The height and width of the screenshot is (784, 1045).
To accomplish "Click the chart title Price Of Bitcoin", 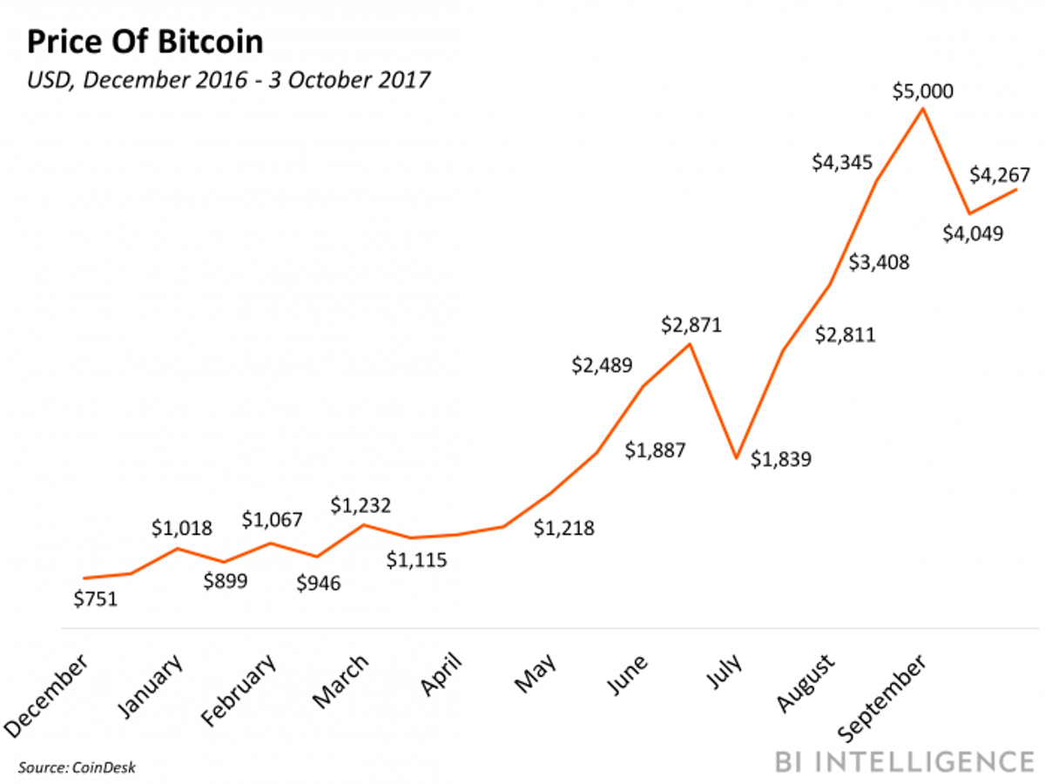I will coord(145,42).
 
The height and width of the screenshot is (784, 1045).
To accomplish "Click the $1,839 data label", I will coord(781,458).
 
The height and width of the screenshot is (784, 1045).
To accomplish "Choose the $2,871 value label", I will coord(691,326).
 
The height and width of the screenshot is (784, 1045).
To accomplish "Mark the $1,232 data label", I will coord(361,504).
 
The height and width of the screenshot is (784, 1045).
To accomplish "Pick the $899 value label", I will coord(225,581).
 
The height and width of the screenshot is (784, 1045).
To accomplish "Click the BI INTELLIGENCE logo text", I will coord(904,760).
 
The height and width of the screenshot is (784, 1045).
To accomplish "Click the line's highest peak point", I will coord(922,109).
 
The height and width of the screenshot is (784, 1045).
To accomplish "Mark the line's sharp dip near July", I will coord(736,457).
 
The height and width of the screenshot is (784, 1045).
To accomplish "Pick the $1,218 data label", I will coord(563,527).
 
